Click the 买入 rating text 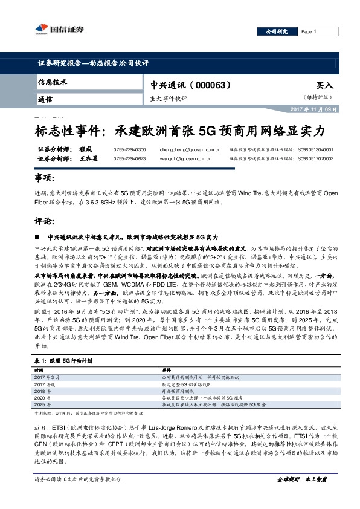[x=325, y=86]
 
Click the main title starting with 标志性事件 [x=179, y=131]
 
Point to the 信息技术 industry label [x=53, y=82]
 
